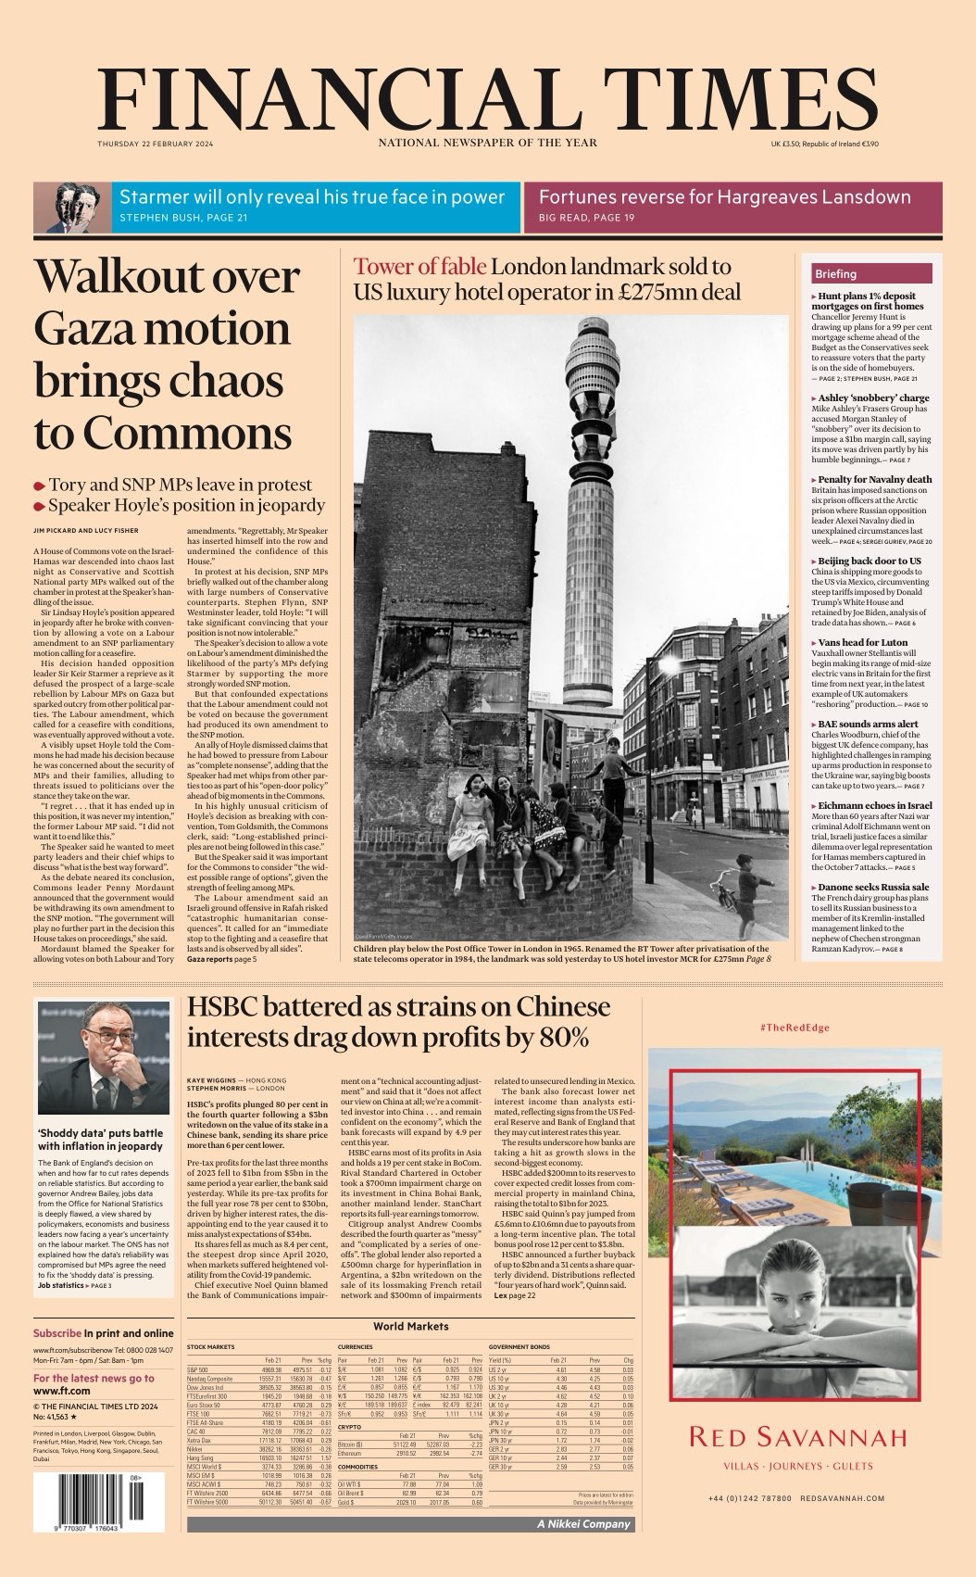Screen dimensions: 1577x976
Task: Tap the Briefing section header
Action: click(x=835, y=274)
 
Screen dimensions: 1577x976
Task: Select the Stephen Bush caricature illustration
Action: click(x=72, y=208)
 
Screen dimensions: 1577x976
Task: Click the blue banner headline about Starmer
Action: click(x=312, y=197)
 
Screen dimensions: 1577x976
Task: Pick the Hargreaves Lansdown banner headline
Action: click(x=724, y=197)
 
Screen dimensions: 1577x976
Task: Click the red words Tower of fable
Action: click(x=419, y=268)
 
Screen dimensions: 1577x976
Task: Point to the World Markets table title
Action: click(x=410, y=1326)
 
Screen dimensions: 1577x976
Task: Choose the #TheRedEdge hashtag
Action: click(x=794, y=1028)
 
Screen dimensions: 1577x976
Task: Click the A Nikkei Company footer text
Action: click(x=583, y=1523)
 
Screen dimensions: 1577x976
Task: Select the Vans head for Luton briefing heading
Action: click(x=862, y=642)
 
